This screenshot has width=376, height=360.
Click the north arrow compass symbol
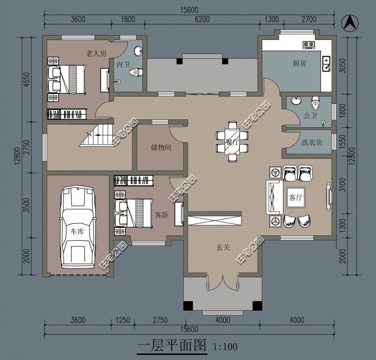point(350,23)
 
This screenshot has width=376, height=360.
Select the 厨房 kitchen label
point(299,63)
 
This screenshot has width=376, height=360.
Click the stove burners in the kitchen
point(308,45)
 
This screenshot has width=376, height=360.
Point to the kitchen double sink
point(326,64)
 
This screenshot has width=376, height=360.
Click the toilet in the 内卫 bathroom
point(135,72)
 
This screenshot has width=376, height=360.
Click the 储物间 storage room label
point(161,147)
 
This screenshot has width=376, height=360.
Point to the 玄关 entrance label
point(223,247)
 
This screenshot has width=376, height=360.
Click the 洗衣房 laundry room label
point(312,143)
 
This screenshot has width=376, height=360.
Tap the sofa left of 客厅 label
point(274,197)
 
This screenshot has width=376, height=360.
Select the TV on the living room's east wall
point(329,196)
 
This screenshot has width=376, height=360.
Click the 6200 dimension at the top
point(202,19)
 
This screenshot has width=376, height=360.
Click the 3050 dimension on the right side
point(343,65)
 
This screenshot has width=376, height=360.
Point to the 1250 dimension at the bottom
point(123,320)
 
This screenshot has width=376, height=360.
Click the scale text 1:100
point(225,346)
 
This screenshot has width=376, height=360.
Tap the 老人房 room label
point(96,53)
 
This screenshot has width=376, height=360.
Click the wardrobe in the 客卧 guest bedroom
point(133,180)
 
